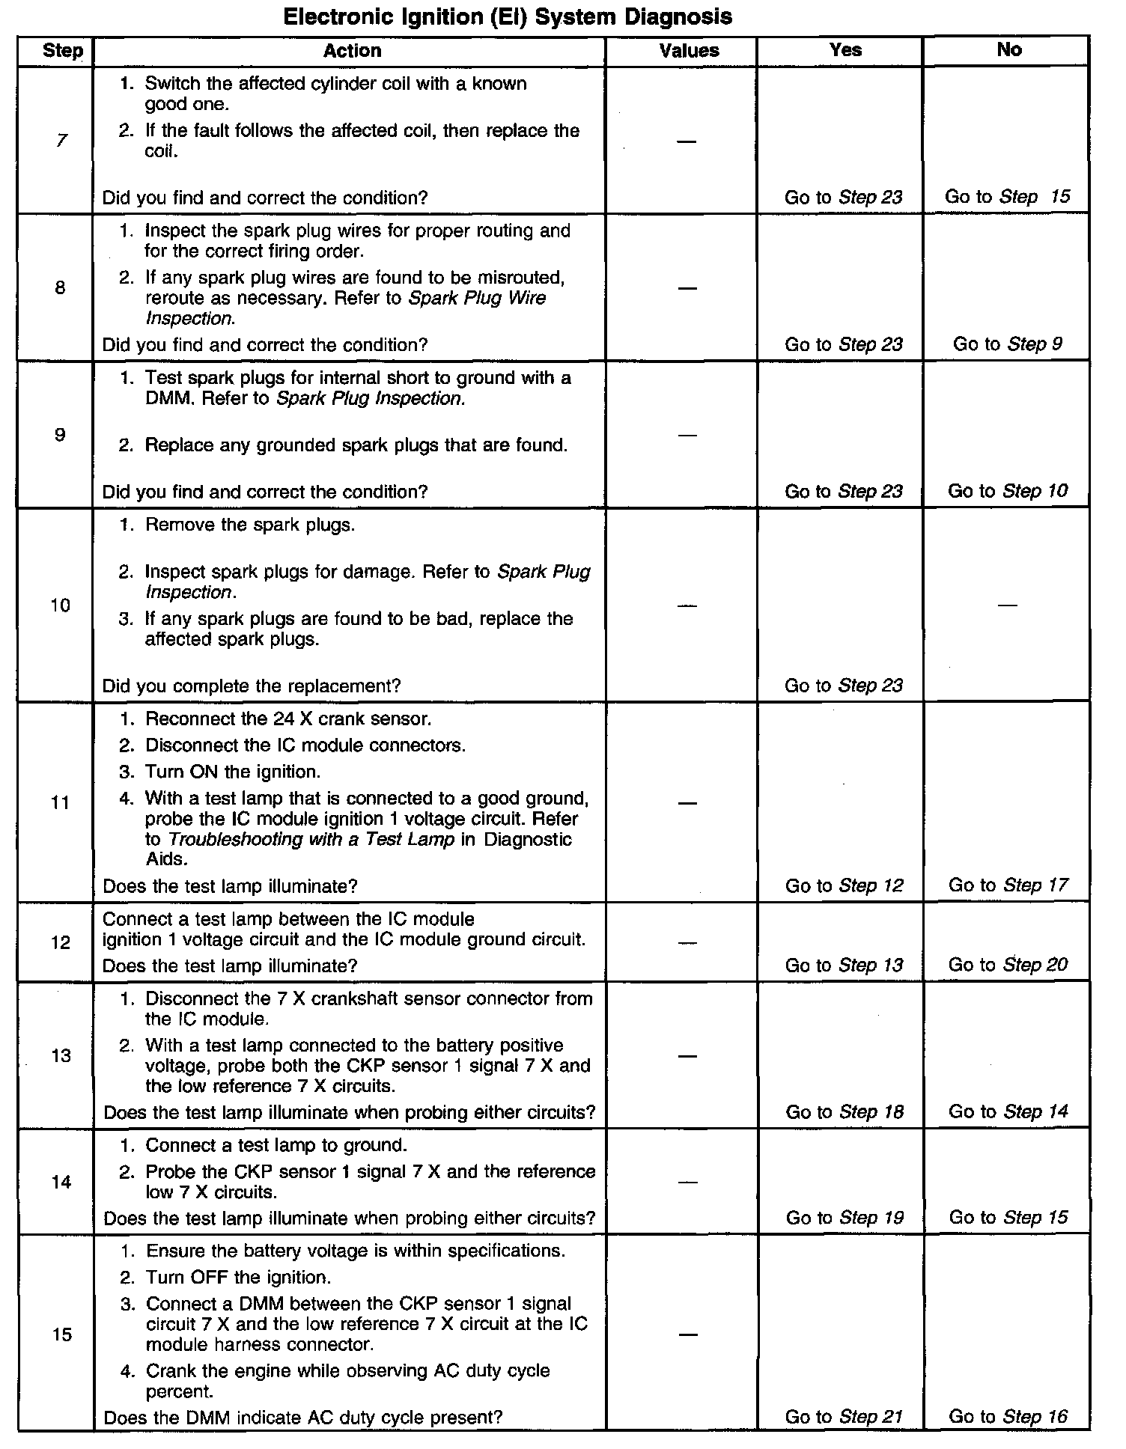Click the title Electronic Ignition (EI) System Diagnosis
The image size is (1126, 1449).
508,16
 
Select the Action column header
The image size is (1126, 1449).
352,51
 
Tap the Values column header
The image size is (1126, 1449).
689,51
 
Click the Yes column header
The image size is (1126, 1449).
845,50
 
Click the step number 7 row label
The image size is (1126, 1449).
61,141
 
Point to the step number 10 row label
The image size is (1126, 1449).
61,605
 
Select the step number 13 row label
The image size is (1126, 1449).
61,1055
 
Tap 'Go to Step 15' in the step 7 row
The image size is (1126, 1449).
1007,197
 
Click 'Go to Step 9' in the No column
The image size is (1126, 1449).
1007,344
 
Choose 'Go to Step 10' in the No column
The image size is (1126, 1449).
1007,491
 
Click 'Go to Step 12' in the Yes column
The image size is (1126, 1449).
844,885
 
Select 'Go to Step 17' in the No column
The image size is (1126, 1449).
1008,885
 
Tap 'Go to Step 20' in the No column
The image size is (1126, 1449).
1008,965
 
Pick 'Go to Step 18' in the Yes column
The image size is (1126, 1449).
844,1112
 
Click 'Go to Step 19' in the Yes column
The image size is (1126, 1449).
844,1218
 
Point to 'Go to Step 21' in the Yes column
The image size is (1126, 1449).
844,1416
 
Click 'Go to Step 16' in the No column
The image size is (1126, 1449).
1008,1416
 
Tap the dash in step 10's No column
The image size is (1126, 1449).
1007,605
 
